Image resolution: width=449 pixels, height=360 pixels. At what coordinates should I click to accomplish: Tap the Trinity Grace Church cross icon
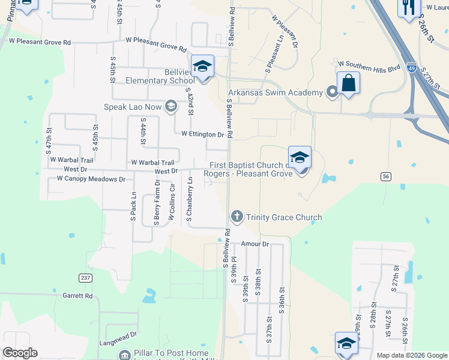pos(237,217)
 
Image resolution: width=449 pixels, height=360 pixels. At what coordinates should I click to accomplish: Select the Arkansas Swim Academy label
pos(275,92)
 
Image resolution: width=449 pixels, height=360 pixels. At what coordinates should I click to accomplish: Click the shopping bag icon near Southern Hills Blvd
pos(348,83)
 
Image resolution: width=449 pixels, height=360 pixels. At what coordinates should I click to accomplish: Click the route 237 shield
pos(85,277)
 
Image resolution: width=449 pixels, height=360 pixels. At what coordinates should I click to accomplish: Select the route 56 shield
pos(385,175)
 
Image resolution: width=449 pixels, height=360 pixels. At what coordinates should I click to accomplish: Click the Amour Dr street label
pos(255,244)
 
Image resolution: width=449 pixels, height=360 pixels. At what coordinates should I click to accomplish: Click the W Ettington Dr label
pos(202,135)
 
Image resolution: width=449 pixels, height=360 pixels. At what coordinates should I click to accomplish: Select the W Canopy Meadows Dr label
pos(91,179)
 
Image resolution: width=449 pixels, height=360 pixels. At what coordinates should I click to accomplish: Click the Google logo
pos(19,353)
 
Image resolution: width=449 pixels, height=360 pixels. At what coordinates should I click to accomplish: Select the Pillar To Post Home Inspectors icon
pos(124,355)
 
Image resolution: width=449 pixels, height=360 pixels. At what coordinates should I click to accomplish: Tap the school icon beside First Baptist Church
pos(300,157)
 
